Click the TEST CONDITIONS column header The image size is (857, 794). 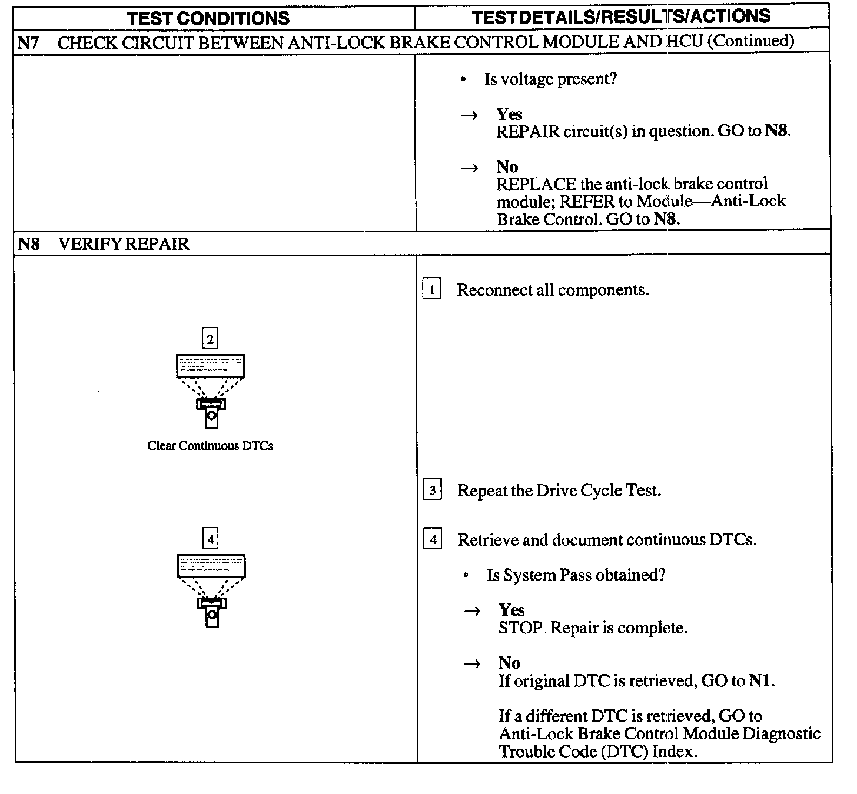click(208, 18)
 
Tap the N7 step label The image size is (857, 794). click(28, 42)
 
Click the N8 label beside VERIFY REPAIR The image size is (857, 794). click(28, 243)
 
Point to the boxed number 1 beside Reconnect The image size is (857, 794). click(431, 290)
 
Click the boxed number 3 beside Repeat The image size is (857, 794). click(432, 490)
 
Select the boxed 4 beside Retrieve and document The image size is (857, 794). click(433, 539)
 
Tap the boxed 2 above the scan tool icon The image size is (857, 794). click(210, 339)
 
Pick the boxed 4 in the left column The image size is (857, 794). click(211, 538)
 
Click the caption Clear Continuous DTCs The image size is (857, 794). click(210, 446)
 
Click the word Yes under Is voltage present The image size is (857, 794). click(509, 114)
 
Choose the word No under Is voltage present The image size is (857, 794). click(507, 167)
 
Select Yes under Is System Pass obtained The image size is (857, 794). click(511, 610)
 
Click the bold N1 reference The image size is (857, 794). click(760, 681)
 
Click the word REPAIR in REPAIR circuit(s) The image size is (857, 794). click(527, 131)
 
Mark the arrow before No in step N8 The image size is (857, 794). click(472, 664)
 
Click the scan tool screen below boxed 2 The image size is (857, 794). click(210, 366)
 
